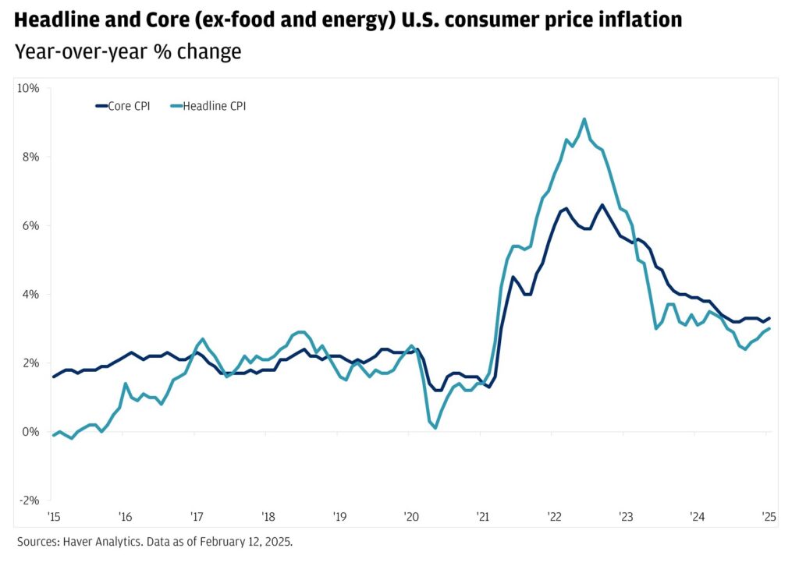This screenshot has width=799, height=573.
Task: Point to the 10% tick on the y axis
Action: (29, 88)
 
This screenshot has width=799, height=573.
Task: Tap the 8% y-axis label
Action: (31, 157)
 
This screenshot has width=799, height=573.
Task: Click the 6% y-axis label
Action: (31, 225)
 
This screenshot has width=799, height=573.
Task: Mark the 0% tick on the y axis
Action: (31, 432)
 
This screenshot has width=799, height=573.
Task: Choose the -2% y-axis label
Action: (30, 500)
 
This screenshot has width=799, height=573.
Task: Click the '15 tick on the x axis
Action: (53, 516)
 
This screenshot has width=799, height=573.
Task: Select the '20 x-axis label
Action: (411, 516)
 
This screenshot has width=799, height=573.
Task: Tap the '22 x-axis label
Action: (554, 516)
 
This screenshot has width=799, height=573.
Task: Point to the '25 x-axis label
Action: (769, 516)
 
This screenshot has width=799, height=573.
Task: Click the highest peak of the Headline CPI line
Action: (584, 119)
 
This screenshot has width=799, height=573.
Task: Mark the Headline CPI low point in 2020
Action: (435, 427)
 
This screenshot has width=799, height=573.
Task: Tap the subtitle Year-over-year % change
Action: (128, 52)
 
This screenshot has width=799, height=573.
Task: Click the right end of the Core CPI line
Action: (769, 318)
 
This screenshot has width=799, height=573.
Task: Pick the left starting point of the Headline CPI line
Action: (53, 435)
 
